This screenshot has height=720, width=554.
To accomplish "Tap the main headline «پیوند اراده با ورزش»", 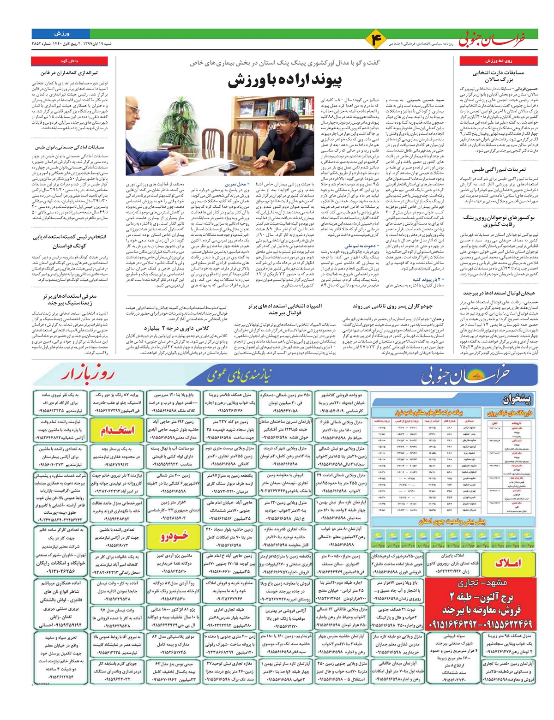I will click(292, 81).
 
